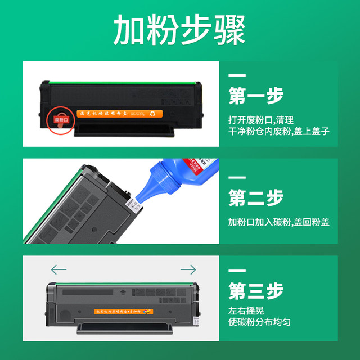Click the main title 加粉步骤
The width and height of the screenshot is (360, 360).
[179, 30]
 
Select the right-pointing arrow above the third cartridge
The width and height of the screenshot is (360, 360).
[188, 270]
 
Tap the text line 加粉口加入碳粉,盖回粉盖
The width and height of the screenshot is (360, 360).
[278, 222]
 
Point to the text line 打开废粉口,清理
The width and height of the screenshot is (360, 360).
[261, 120]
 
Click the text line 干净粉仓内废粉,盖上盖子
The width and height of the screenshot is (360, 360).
[278, 132]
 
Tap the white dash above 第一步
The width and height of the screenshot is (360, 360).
[237, 75]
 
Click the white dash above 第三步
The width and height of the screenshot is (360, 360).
[237, 271]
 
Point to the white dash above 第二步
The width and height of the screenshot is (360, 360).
[237, 177]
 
